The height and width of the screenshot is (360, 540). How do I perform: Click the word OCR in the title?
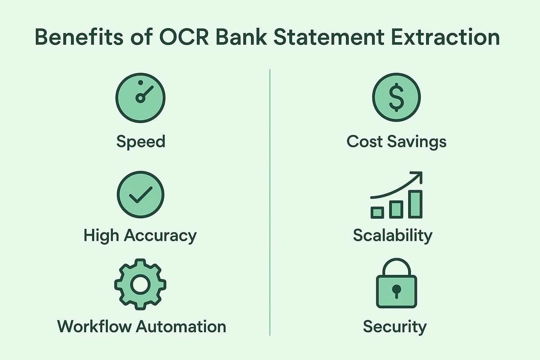pyautogui.click(x=184, y=37)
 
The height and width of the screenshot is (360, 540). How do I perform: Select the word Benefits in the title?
pyautogui.click(x=79, y=37)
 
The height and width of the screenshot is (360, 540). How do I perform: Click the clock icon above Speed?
pyautogui.click(x=140, y=98)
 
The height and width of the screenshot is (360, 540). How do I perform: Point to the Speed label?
pyautogui.click(x=141, y=142)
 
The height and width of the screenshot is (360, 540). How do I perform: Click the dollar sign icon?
pyautogui.click(x=396, y=98)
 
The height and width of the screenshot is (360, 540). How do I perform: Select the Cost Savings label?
pyautogui.click(x=396, y=142)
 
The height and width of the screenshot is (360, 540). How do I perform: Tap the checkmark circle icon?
pyautogui.click(x=140, y=194)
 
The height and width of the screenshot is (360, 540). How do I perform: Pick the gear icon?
pyautogui.click(x=140, y=284)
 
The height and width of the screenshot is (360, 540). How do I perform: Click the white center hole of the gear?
pyautogui.click(x=140, y=284)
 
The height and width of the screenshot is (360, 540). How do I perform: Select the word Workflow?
pyautogui.click(x=94, y=327)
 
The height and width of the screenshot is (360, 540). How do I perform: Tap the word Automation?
pyautogui.click(x=181, y=327)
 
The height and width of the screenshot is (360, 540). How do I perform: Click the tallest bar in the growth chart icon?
pyautogui.click(x=416, y=204)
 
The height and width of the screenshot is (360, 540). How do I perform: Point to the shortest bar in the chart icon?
pyautogui.click(x=377, y=212)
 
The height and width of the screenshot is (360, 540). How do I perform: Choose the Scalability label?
pyautogui.click(x=392, y=236)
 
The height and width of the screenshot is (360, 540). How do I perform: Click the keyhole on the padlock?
pyautogui.click(x=396, y=290)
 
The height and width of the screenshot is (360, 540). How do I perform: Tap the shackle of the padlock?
pyautogui.click(x=396, y=264)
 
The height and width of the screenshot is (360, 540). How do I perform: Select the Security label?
pyautogui.click(x=394, y=327)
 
